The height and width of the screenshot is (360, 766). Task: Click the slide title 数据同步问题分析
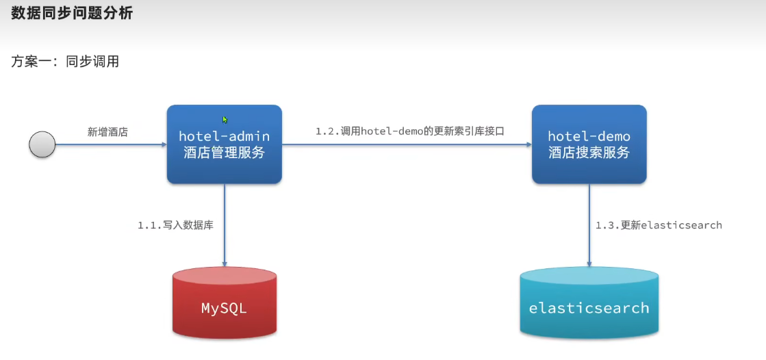click(72, 14)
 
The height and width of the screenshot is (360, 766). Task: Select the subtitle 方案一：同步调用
click(65, 62)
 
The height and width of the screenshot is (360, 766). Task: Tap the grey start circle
click(42, 144)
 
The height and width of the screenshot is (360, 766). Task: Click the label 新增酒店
click(107, 132)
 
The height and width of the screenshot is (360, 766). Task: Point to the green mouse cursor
click(225, 120)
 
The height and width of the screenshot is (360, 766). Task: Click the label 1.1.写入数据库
click(175, 224)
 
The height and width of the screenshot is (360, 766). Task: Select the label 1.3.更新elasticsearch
click(659, 224)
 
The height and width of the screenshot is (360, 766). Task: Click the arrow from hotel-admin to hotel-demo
click(407, 144)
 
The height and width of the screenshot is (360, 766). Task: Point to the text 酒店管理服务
click(224, 153)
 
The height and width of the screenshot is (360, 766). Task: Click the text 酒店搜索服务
click(589, 153)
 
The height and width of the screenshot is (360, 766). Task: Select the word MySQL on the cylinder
click(224, 308)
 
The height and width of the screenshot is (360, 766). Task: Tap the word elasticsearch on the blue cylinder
click(589, 308)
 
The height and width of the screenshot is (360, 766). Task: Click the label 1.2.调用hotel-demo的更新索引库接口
click(409, 131)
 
